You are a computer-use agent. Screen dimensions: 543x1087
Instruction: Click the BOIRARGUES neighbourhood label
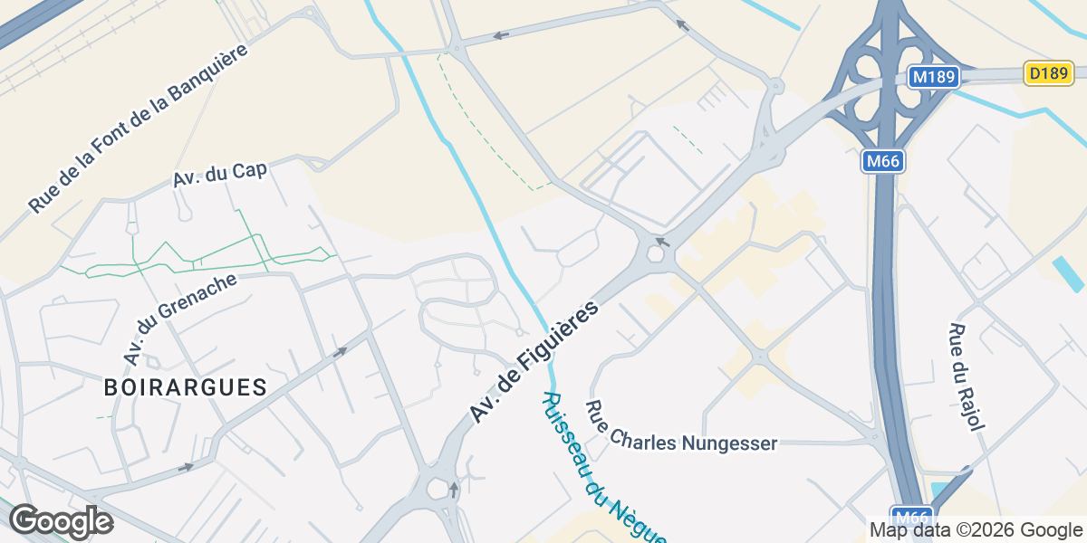click(x=185, y=387)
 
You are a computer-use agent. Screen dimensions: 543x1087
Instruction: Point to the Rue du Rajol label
click(x=967, y=376)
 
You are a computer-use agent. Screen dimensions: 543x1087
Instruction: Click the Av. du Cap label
click(x=220, y=175)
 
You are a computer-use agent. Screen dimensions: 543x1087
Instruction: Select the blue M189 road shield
click(x=933, y=77)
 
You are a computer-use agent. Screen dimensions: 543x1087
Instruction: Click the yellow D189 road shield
click(x=1049, y=73)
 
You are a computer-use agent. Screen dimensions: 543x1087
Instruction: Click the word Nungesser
click(x=733, y=443)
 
